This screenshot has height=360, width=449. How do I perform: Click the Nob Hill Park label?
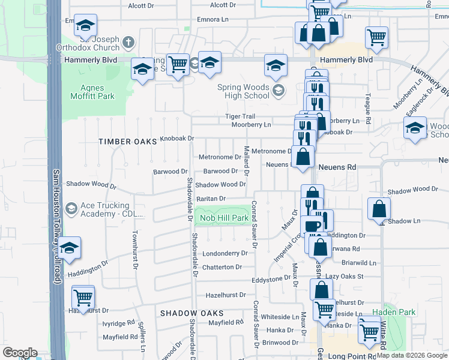tap(224, 218)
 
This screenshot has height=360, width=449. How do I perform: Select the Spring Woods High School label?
tap(243, 91)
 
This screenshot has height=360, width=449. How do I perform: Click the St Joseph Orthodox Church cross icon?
tap(127, 43)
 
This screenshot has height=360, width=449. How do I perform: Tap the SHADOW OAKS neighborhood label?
tap(191, 313)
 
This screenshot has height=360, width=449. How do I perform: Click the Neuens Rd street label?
tap(338, 167)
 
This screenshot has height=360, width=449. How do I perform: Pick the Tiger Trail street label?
tap(240, 116)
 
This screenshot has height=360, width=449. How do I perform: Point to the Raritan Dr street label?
tap(211, 199)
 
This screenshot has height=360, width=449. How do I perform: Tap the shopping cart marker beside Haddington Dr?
tap(83, 297)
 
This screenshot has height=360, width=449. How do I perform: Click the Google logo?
tap(20, 353)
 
